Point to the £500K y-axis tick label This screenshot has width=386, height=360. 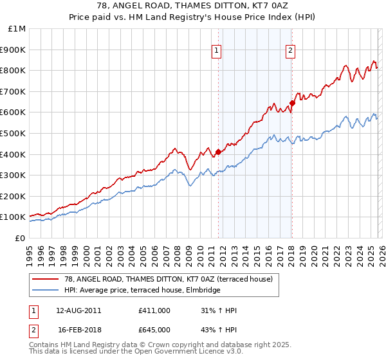click(x=13, y=133)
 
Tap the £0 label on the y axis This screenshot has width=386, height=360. click(x=20, y=238)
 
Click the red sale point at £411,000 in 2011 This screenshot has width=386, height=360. click(x=218, y=152)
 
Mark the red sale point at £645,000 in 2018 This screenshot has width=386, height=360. click(x=292, y=102)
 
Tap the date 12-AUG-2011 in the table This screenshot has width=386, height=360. click(x=75, y=310)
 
